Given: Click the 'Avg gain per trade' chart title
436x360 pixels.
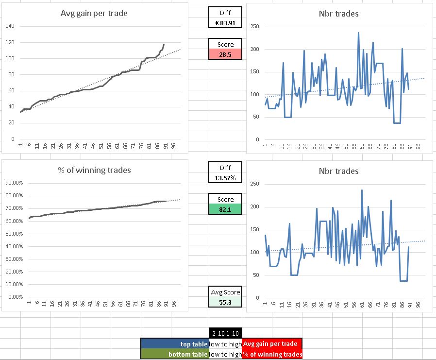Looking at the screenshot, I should coord(94,13).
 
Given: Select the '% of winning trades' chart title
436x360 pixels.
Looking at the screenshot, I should coord(94,170).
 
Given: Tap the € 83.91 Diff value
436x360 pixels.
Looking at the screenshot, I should coord(225,23).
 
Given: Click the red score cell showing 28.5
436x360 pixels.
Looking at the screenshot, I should coord(225,54).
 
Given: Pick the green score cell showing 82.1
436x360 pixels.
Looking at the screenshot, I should coord(225,209).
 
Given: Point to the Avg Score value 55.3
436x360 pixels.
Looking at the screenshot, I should coord(225,302).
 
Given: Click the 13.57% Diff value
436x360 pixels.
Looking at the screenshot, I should coord(225,178).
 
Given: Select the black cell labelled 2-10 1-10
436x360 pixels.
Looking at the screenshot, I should coord(225,333).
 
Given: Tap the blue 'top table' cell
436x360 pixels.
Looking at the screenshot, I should coord(175,344).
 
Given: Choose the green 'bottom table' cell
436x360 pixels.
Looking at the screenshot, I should coord(175,354).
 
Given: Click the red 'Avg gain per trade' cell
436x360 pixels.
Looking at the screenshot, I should coord(272,344).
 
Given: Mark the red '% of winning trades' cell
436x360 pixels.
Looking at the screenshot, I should coord(272,354).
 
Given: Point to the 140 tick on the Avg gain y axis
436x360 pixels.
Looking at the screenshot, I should coord(10,26).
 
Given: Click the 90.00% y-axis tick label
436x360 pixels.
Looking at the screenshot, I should coord(14,183).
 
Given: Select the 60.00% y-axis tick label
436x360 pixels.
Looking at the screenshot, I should coord(14,221).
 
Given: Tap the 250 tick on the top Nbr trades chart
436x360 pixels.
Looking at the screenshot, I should coord(254,27).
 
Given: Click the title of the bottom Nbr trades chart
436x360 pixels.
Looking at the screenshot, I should coord(338,171).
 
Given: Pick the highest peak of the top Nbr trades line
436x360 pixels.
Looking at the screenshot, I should coord(358,33).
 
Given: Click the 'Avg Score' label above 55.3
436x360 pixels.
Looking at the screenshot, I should coord(225,292).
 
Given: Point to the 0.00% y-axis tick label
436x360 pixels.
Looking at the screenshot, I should coord(16,297).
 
